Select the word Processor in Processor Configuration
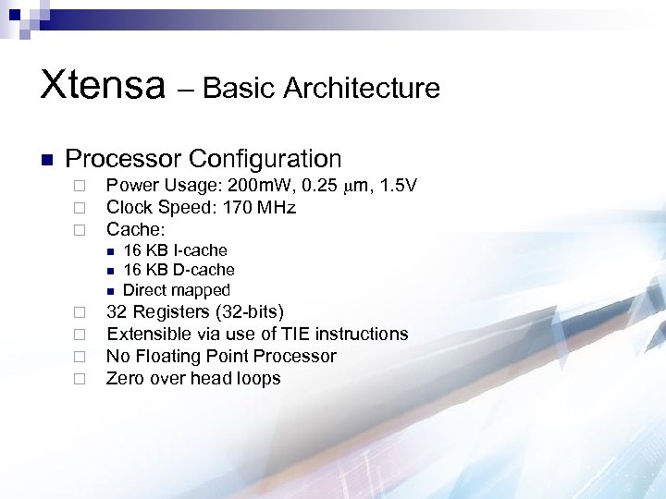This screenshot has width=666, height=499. point(122,159)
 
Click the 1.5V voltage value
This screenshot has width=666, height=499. point(396,186)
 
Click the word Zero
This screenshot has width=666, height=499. point(125,378)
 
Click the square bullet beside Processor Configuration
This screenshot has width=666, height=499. point(46,160)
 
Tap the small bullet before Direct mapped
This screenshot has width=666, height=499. point(108,291)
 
